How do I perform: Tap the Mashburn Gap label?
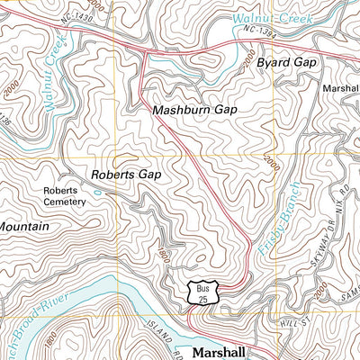[193, 109]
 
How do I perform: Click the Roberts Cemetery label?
[64, 196]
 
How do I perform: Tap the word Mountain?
[24, 228]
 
